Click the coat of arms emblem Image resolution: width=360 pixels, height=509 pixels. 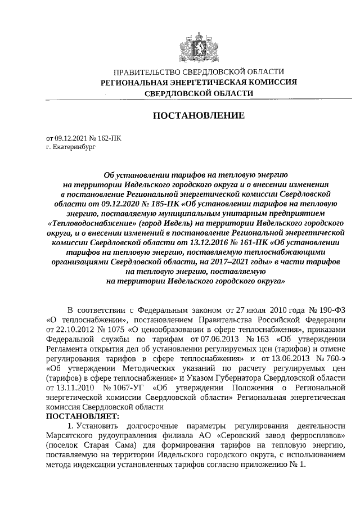coord(199,45)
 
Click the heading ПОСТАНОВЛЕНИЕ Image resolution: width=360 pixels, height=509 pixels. coord(199,116)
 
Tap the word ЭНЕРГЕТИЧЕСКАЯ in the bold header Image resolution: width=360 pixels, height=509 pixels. coord(200,82)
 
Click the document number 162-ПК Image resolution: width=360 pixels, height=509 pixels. coord(108,137)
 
